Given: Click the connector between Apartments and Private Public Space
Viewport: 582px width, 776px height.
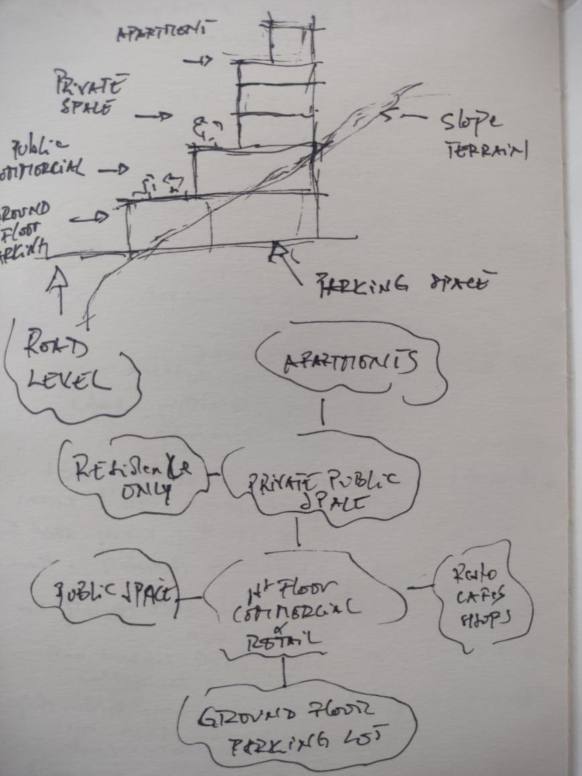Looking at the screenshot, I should (x=322, y=412).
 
